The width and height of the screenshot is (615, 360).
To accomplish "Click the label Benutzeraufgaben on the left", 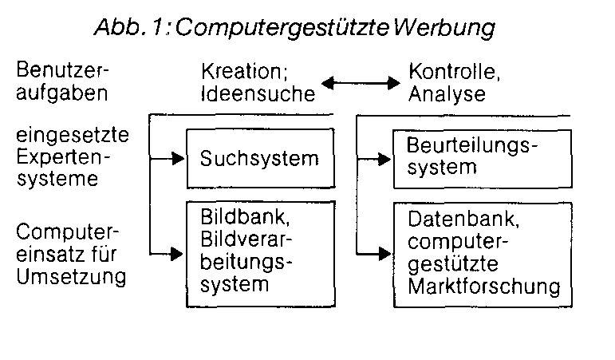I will (x=63, y=83).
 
